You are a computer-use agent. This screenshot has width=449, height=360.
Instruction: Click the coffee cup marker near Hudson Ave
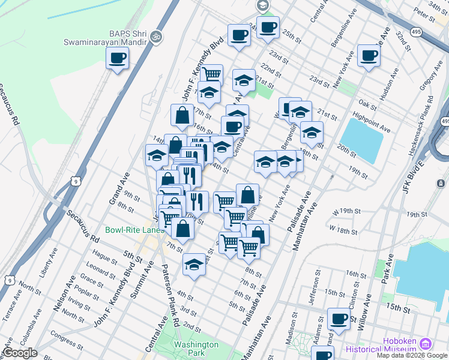[369, 56]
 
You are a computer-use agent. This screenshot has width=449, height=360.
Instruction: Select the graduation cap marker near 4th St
[194, 265]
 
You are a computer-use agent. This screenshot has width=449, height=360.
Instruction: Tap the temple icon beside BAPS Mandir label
[157, 36]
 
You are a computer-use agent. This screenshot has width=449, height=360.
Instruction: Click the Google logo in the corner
[20, 353]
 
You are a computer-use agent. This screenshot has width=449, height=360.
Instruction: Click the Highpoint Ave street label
[372, 122]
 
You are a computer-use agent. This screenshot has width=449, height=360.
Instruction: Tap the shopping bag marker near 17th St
[182, 115]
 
